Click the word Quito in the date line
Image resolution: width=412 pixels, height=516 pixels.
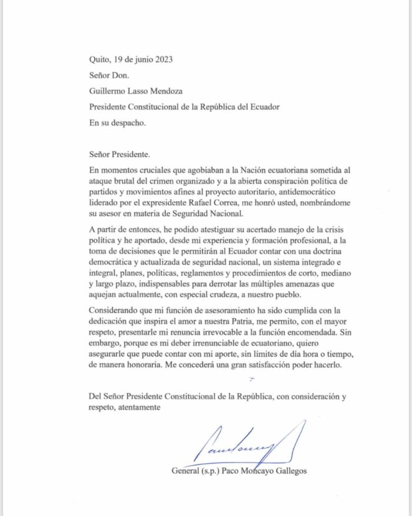click(98, 59)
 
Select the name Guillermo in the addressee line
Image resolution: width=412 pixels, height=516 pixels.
click(108, 91)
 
